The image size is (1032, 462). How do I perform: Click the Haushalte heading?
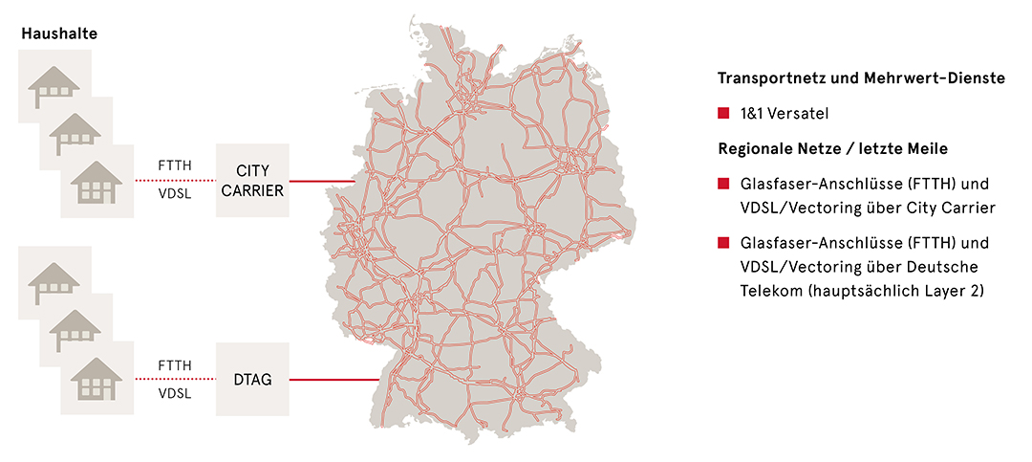(x=59, y=34)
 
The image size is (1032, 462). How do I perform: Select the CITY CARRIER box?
(x=252, y=180)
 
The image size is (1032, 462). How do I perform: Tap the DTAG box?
(x=252, y=380)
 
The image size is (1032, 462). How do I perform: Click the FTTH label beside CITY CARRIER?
(x=175, y=165)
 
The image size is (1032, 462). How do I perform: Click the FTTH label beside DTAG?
(x=175, y=365)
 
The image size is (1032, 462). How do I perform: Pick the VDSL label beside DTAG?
(x=175, y=393)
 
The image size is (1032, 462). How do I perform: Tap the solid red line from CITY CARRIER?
(x=321, y=180)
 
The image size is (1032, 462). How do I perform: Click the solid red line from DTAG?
(x=334, y=380)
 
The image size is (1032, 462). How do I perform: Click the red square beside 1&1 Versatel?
(x=723, y=114)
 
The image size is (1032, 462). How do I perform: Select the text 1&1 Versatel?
(x=784, y=114)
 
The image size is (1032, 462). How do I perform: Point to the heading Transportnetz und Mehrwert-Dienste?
(x=861, y=79)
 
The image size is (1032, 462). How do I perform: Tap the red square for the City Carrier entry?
(x=723, y=183)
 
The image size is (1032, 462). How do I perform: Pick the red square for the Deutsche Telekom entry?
(x=723, y=242)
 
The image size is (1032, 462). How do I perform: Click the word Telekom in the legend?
(x=768, y=286)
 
